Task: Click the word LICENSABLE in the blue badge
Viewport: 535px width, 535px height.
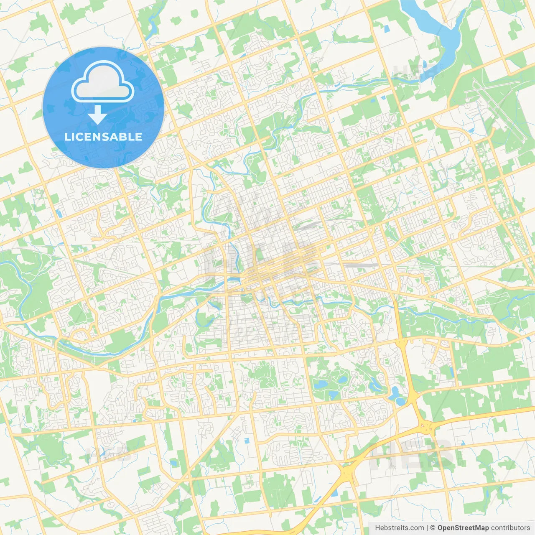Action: (103, 137)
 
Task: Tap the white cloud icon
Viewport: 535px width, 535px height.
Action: (103, 82)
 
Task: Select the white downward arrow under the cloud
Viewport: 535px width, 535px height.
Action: (97, 115)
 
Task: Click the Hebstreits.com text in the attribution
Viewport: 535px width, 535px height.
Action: (399, 528)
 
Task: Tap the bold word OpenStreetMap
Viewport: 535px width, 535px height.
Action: (463, 528)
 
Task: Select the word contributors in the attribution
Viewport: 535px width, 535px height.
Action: (510, 528)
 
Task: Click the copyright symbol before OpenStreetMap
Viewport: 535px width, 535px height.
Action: (433, 528)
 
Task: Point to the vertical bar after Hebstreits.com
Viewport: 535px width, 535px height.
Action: (427, 528)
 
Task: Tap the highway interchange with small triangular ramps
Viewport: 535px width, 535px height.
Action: (426, 426)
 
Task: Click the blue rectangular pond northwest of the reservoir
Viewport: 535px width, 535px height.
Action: (386, 28)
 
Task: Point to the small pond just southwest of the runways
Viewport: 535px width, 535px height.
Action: (471, 130)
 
